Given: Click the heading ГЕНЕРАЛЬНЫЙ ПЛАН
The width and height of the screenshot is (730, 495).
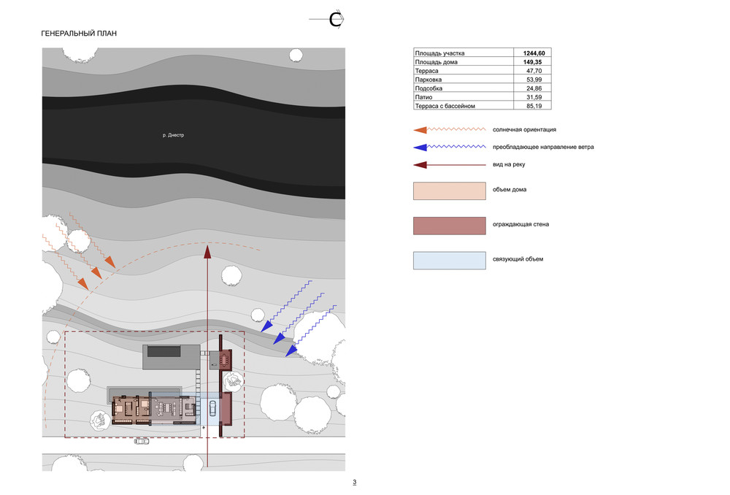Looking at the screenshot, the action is (79, 34).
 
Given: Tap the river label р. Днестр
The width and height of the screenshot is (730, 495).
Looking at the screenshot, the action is (173, 135).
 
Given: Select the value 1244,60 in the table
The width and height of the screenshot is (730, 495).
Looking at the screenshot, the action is (534, 53).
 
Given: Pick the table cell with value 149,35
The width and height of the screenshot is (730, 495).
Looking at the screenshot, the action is (532, 62).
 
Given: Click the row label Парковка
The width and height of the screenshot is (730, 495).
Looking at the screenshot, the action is (429, 80).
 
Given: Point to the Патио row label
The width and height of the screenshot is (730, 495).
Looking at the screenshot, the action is (423, 97).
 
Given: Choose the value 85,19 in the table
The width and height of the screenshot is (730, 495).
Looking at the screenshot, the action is (534, 106).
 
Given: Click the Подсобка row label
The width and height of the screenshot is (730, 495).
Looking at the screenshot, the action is (429, 88).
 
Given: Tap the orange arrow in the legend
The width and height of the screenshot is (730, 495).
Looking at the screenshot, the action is (449, 130).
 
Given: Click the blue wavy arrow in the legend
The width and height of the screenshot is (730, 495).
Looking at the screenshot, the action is (449, 147).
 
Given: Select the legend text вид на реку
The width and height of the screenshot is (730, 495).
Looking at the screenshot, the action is (509, 164).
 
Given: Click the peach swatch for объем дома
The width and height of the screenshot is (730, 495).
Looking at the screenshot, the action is (449, 191).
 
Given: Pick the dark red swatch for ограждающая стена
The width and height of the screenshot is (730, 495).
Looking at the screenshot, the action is (449, 226).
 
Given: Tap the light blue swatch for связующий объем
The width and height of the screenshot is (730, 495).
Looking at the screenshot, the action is (449, 261).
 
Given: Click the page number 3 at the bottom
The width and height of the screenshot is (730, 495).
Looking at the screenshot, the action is (354, 483).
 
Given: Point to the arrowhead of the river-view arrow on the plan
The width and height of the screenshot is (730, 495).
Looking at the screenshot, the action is (207, 251).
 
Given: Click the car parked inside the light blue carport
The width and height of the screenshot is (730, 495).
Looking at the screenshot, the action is (212, 408).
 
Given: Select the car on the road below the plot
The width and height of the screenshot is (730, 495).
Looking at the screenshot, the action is (142, 440).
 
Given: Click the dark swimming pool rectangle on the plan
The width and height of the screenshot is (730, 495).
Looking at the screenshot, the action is (164, 352).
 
